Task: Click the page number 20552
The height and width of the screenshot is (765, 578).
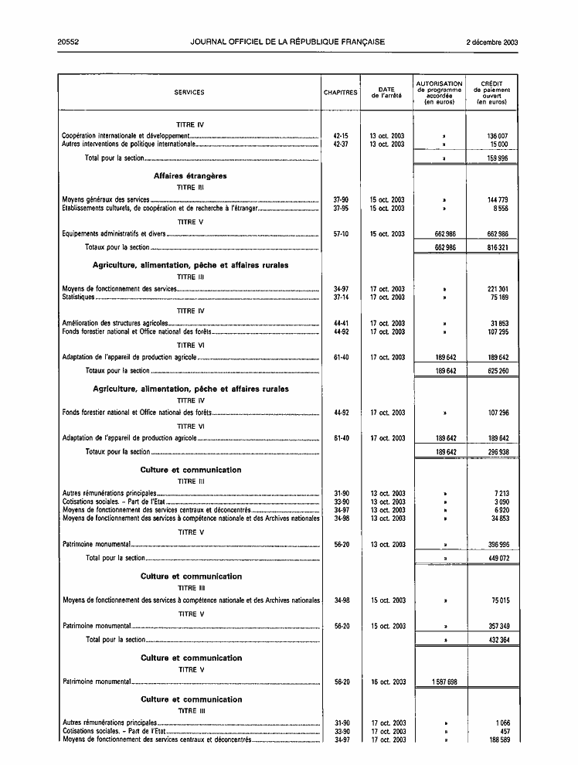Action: click(71, 42)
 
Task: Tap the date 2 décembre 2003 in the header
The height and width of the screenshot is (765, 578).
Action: click(492, 42)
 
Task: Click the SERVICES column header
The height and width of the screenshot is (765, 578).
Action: click(189, 92)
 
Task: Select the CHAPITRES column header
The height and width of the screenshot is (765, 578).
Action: click(341, 92)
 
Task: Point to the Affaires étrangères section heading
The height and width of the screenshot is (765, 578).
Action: click(190, 175)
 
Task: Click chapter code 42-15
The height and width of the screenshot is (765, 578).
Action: click(341, 135)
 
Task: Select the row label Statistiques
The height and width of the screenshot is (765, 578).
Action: click(79, 297)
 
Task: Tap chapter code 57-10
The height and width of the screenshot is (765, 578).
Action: click(341, 233)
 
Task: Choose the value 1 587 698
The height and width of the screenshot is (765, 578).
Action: click(440, 682)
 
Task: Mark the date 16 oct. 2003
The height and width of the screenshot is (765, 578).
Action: click(387, 682)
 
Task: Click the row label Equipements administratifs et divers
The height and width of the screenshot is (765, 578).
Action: click(114, 233)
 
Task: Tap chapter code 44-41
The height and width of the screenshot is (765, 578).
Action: click(341, 324)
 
